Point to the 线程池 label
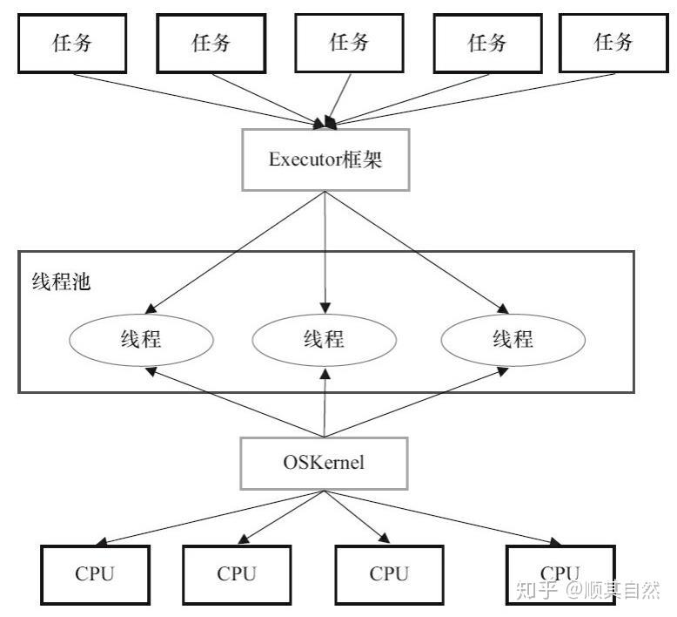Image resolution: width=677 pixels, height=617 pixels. [61, 281]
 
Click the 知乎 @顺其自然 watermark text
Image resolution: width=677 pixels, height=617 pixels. [588, 590]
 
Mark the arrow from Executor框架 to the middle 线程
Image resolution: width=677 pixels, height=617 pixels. [325, 253]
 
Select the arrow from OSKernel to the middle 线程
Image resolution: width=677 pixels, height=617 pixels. [325, 402]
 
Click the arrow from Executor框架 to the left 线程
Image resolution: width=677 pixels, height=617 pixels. [235, 253]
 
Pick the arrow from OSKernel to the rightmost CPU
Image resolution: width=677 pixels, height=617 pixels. [443, 518]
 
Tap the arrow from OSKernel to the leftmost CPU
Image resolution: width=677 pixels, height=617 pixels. [210, 518]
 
